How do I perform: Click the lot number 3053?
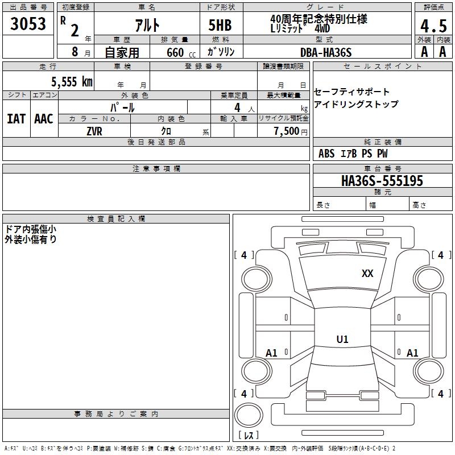click(x=28, y=23)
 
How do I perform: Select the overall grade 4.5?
click(x=433, y=26)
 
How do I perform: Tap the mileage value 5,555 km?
click(x=72, y=81)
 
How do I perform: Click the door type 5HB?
click(x=220, y=25)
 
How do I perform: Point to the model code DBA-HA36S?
click(x=326, y=52)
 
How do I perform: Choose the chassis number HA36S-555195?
click(x=382, y=181)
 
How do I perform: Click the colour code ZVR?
click(x=94, y=131)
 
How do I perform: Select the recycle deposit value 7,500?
click(x=287, y=131)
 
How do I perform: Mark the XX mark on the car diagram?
click(x=367, y=274)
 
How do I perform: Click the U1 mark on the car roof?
click(x=342, y=339)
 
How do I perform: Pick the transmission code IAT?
click(x=16, y=119)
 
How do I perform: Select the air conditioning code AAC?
click(x=44, y=119)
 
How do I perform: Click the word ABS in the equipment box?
click(x=326, y=153)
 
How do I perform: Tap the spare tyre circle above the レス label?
click(x=249, y=415)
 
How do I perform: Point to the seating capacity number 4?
click(x=237, y=107)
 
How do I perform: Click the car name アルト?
click(x=147, y=25)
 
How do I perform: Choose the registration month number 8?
click(x=75, y=52)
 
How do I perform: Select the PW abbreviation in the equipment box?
click(x=382, y=153)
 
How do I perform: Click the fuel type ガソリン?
click(x=221, y=52)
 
